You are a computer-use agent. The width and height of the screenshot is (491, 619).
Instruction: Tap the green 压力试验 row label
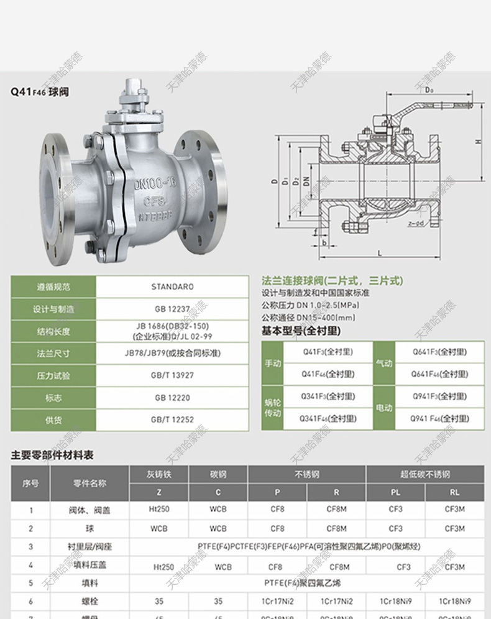(53, 375)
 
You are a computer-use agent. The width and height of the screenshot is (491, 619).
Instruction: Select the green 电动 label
(384, 408)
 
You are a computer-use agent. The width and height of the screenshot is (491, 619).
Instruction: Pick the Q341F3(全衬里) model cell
(328, 396)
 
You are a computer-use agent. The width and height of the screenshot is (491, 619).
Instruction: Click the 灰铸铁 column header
(158, 474)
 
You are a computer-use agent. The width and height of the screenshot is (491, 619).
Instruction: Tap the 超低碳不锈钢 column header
(424, 474)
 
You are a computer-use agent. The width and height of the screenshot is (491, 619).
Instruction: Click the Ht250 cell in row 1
(158, 510)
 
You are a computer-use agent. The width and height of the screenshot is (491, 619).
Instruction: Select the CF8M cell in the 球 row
(336, 528)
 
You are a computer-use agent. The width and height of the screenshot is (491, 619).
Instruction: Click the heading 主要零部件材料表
(52, 456)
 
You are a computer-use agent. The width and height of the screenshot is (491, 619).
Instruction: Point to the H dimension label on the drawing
(477, 141)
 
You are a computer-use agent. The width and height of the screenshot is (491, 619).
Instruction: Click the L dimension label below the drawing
(379, 252)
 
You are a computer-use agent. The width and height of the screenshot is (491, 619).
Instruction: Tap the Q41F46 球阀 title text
(39, 92)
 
